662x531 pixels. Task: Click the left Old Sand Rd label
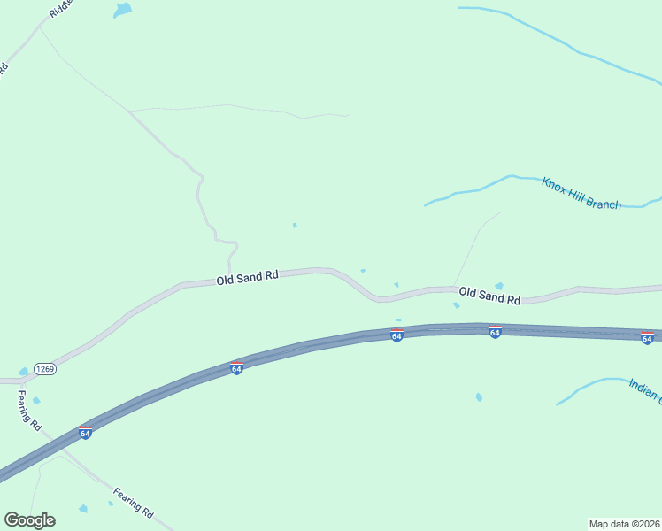(248, 277)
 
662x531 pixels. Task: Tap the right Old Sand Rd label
(489, 295)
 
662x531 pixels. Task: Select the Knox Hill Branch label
(581, 193)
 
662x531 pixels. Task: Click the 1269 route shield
(46, 369)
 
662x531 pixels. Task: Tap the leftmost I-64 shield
(85, 432)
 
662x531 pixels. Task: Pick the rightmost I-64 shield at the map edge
(647, 338)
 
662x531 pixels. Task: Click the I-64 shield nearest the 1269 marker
(236, 368)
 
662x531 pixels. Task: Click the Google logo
(29, 520)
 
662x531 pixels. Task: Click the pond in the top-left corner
(122, 10)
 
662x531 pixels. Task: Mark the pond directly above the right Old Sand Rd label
(499, 286)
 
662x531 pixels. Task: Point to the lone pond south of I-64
(479, 397)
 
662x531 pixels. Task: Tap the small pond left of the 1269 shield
(23, 372)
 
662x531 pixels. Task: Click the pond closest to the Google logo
(83, 509)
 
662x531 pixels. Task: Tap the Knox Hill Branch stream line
(478, 189)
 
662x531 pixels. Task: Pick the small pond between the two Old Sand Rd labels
(396, 284)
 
